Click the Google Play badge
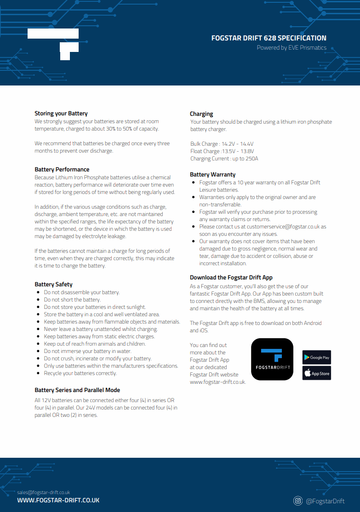click(x=316, y=358)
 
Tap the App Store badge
click(x=316, y=373)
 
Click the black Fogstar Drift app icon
click(x=272, y=359)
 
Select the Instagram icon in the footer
click(x=298, y=501)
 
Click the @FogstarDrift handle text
click(x=325, y=501)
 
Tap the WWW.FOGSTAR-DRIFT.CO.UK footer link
click(x=58, y=500)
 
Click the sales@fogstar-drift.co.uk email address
click(x=44, y=492)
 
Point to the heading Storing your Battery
click(x=61, y=114)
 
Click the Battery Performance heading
click(x=62, y=170)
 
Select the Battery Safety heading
click(x=53, y=284)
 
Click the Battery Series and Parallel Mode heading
click(x=77, y=390)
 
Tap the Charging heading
click(x=201, y=114)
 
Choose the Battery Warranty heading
click(x=212, y=175)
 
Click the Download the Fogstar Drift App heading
click(x=231, y=278)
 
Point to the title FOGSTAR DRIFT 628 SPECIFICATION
click(x=269, y=38)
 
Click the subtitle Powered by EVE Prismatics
click(x=291, y=48)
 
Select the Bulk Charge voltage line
click(x=222, y=144)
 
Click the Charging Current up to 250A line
click(x=224, y=159)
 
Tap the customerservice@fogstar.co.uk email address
click(x=283, y=227)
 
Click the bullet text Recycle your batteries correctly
click(x=80, y=373)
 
